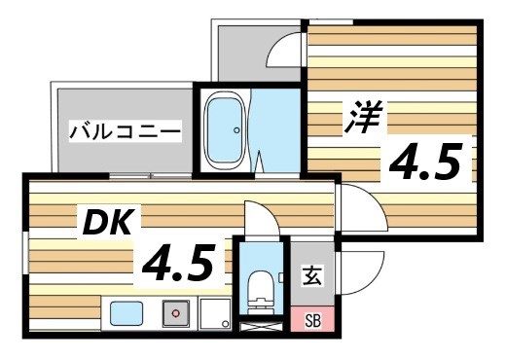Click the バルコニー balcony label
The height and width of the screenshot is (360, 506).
(125, 130)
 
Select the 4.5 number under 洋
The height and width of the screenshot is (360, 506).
(424, 161)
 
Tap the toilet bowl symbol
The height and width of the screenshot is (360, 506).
(261, 286)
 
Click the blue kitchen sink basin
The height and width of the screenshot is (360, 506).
(126, 313)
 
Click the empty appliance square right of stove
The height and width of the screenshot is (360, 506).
(214, 313)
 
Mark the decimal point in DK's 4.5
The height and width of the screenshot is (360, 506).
(179, 276)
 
